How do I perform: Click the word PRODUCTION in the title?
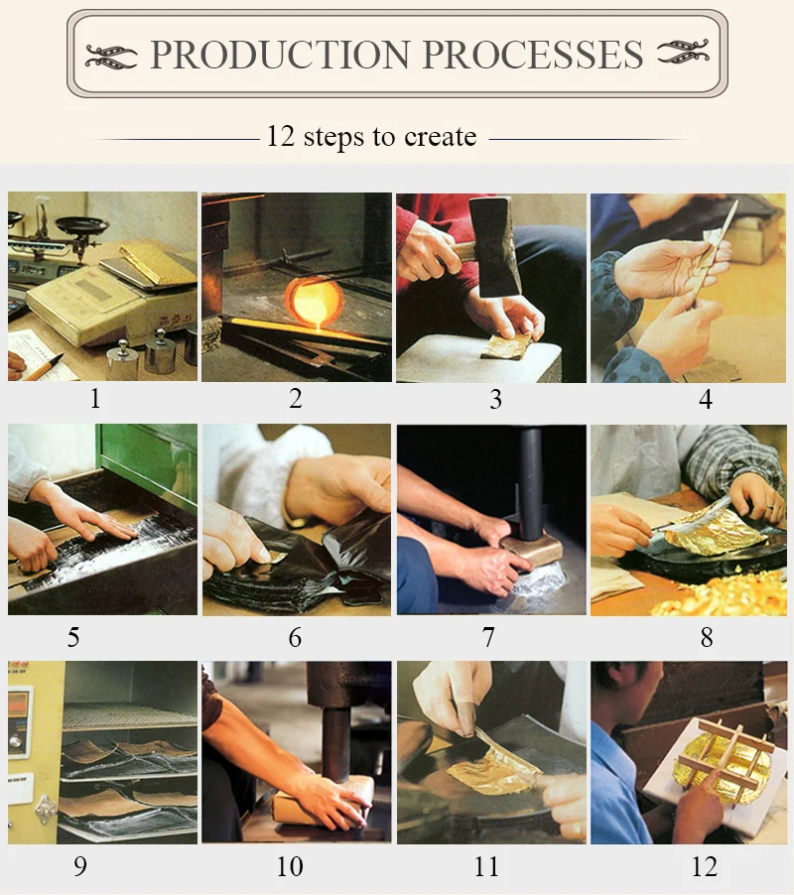click(280, 55)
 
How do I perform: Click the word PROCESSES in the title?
click(533, 55)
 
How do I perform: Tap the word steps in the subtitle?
click(332, 137)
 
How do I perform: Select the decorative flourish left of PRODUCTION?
click(111, 56)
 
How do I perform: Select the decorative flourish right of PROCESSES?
click(683, 52)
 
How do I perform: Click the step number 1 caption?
click(95, 398)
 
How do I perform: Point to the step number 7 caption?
click(488, 637)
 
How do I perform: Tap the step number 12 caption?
click(705, 866)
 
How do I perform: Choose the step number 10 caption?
click(290, 866)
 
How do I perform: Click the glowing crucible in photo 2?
click(314, 301)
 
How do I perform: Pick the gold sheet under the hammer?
click(508, 345)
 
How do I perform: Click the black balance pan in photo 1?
click(82, 224)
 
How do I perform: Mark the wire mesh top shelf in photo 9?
click(130, 716)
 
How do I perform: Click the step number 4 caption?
click(706, 399)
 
